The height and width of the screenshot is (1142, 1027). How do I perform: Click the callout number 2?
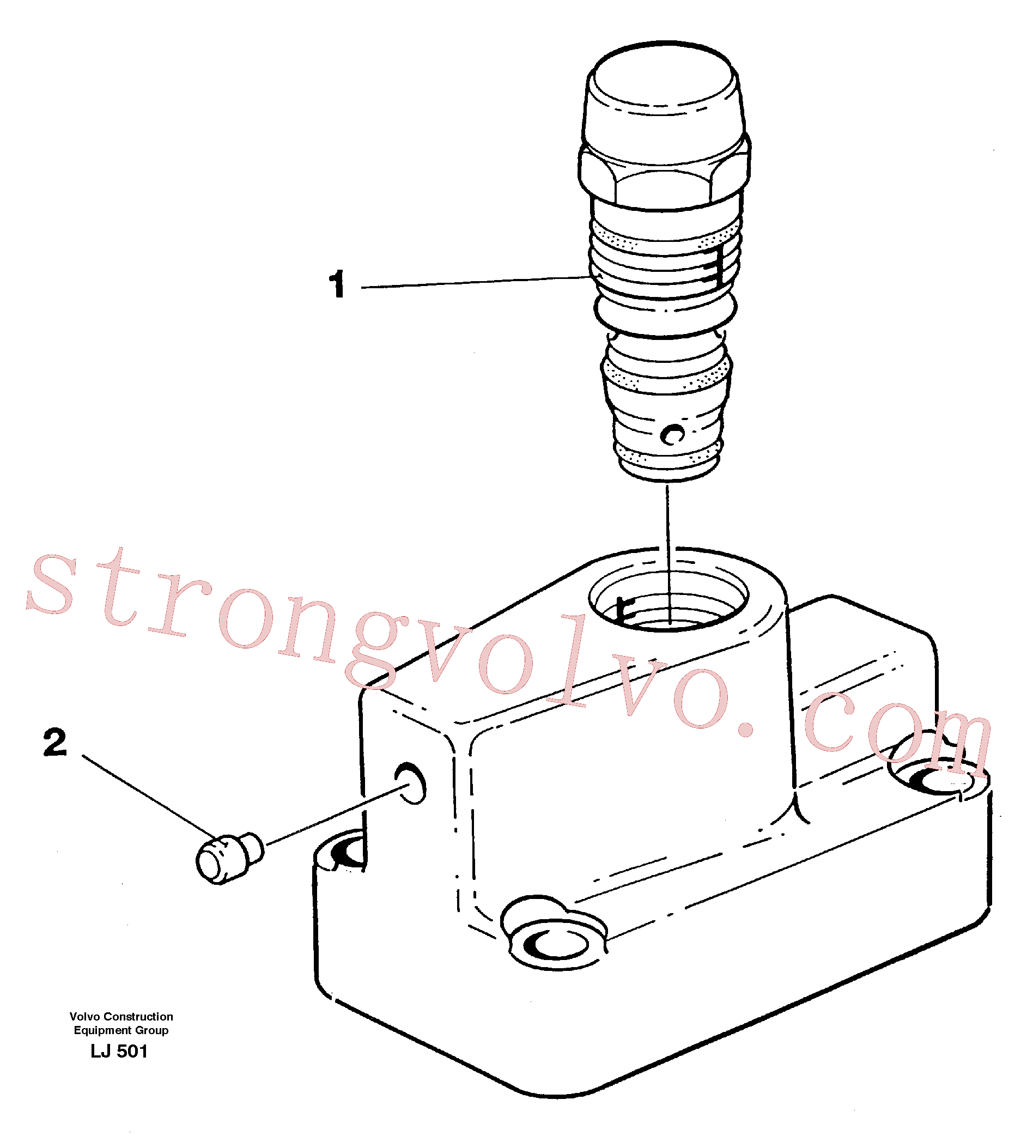coord(54,743)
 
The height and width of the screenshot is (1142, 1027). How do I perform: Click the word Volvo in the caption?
coord(85,1017)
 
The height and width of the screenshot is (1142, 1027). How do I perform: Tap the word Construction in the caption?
coord(139,1017)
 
